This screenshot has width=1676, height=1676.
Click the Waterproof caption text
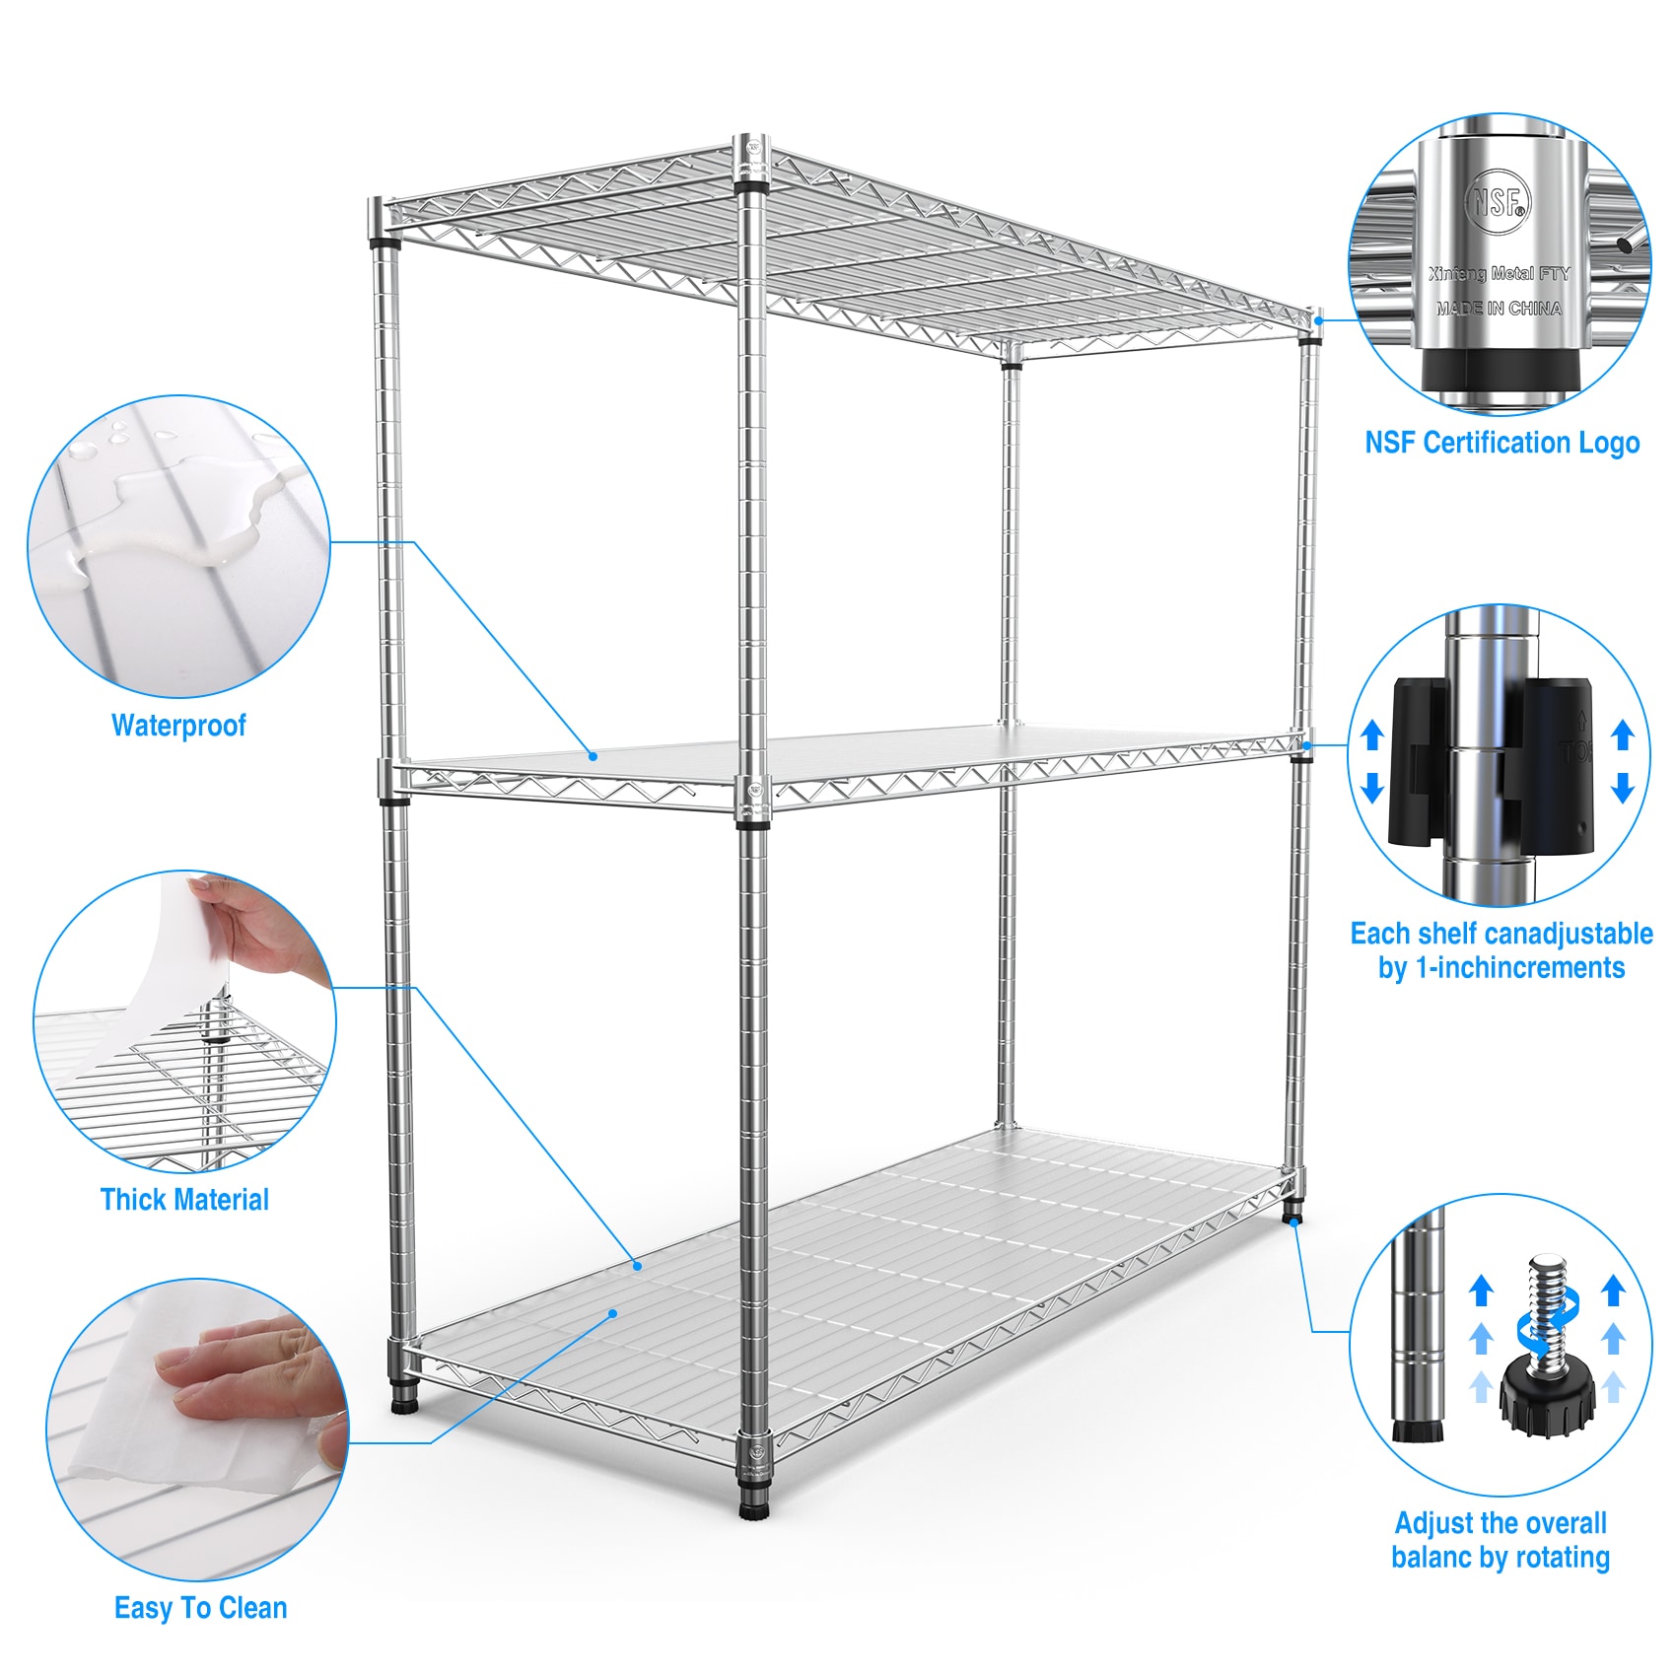178,726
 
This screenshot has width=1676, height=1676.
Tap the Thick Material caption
184,1200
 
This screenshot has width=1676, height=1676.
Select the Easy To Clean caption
201,1608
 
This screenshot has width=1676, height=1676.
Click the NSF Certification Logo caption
1501,443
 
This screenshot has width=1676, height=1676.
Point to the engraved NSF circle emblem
1499,201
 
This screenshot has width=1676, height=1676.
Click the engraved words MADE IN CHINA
1499,309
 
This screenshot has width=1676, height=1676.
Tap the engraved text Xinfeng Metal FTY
1499,273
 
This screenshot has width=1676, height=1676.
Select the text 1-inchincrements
1519,968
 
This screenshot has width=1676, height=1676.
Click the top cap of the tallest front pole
752,145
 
